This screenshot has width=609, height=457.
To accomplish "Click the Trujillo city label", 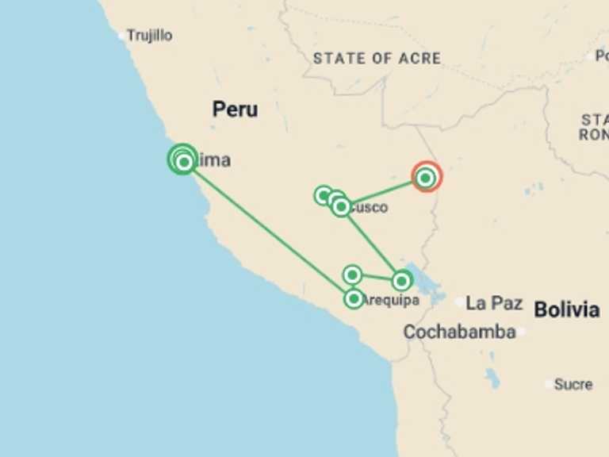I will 150,36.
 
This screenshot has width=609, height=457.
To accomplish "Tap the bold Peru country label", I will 235,109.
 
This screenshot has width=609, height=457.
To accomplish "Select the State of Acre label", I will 377,58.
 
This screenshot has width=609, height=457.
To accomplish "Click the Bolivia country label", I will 566,309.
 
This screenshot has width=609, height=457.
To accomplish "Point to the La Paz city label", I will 494,303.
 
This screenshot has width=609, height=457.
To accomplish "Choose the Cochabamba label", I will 459,332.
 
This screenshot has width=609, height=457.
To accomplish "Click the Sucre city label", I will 573,384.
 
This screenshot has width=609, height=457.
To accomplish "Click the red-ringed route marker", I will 426,178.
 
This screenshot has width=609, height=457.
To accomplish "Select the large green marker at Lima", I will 183,159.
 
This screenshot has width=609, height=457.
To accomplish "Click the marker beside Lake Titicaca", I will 402,280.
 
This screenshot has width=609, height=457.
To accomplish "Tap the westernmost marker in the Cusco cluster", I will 324,195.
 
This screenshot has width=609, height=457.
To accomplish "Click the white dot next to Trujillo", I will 122,36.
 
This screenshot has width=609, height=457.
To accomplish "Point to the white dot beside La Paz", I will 461,302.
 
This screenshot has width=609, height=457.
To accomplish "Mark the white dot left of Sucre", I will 549,384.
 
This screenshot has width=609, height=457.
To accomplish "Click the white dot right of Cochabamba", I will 522,332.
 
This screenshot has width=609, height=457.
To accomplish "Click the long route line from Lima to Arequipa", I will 270,230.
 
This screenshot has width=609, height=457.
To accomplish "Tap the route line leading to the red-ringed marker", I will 384,191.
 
